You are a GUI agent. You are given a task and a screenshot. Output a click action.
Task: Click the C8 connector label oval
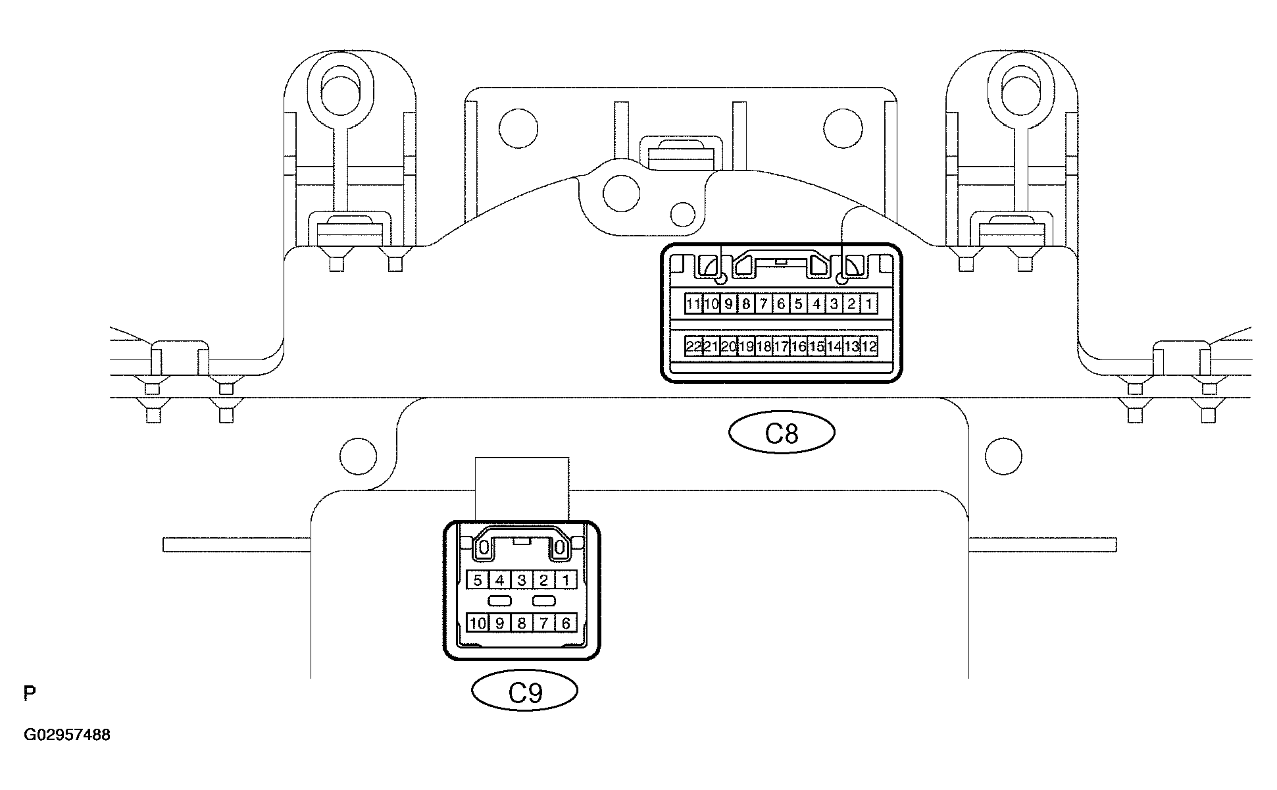pyautogui.click(x=782, y=433)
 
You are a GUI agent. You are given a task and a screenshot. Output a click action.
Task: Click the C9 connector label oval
pyautogui.click(x=525, y=691)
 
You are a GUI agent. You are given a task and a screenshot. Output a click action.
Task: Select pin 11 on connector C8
pyautogui.click(x=693, y=304)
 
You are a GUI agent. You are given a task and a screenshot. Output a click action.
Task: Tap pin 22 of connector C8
pyautogui.click(x=693, y=346)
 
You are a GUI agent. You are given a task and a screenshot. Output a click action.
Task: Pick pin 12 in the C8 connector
pyautogui.click(x=869, y=346)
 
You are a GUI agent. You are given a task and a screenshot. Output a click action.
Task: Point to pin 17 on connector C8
pyautogui.click(x=781, y=346)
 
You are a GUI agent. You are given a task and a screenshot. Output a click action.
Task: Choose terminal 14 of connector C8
pyautogui.click(x=834, y=346)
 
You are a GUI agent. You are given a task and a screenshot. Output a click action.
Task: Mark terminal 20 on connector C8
pyautogui.click(x=728, y=346)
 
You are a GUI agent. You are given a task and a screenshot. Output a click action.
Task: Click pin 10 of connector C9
pyautogui.click(x=478, y=623)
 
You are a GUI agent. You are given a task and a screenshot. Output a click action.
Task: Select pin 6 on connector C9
pyautogui.click(x=566, y=623)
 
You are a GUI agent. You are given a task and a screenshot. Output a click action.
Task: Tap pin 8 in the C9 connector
pyautogui.click(x=522, y=623)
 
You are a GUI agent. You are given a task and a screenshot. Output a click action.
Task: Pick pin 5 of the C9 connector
pyautogui.click(x=478, y=580)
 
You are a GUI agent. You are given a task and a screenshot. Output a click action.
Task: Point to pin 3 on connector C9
pyautogui.click(x=522, y=580)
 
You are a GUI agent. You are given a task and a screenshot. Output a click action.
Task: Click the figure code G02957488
pyautogui.click(x=67, y=735)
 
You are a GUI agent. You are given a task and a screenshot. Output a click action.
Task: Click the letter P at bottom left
pyautogui.click(x=30, y=693)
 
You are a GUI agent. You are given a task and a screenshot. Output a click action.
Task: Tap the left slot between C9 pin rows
pyautogui.click(x=500, y=601)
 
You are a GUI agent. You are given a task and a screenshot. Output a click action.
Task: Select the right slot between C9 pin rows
pyautogui.click(x=544, y=601)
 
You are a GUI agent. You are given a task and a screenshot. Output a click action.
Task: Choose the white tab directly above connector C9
pyautogui.click(x=522, y=489)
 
